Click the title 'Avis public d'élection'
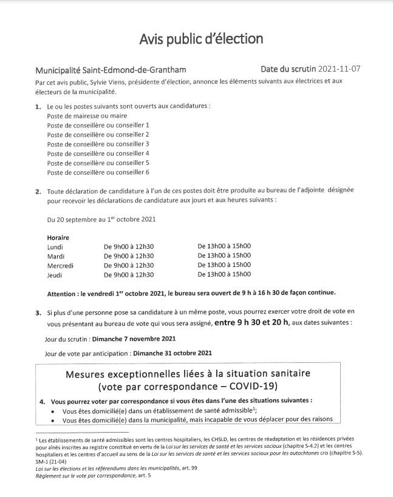point(201,39)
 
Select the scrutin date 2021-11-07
point(335,69)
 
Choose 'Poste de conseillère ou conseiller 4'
point(98,154)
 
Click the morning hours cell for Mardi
point(129,256)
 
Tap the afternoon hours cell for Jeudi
point(224,275)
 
